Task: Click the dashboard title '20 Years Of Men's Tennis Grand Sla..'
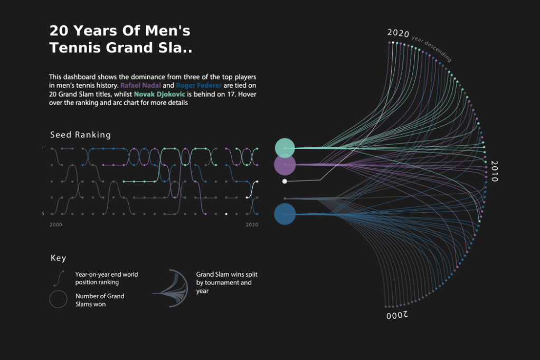coord(120,39)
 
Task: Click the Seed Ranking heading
coord(80,135)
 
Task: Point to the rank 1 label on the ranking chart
coord(43,148)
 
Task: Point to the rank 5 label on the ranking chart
coord(43,214)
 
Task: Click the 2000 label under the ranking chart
coord(55,225)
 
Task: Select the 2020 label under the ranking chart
coord(252,225)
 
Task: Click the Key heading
coord(58,258)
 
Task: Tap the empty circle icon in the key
coord(58,299)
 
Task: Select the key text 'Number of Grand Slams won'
coord(100,300)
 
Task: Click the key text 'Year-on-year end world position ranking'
coord(106,278)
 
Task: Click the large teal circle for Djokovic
coord(285,148)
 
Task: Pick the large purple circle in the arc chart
coord(285,165)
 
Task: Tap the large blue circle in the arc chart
coord(285,214)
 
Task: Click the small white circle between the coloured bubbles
coord(285,182)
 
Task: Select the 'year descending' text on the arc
coord(431,49)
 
